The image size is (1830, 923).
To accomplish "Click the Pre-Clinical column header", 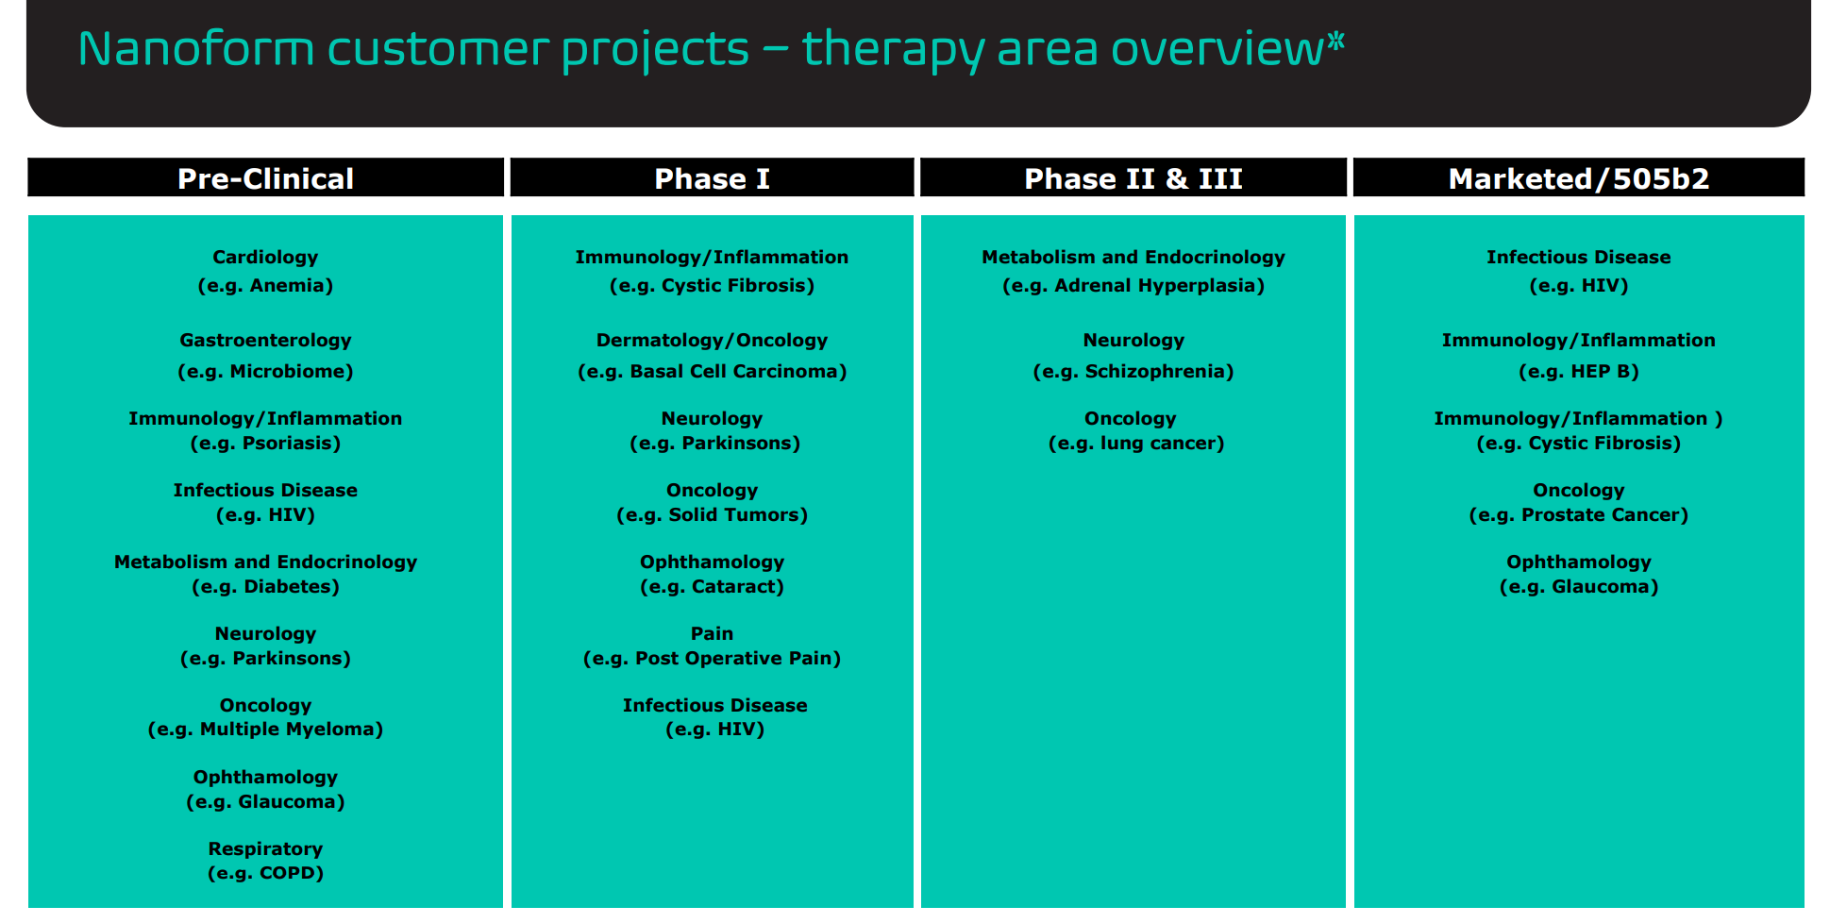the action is pos(265,178).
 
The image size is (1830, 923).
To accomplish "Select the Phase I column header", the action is pos(712,178).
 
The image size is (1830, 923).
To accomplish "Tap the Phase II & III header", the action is pos(1133,178).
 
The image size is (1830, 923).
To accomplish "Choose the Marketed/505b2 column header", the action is pos(1579,178).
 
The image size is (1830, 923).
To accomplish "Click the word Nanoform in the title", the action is pos(195,49).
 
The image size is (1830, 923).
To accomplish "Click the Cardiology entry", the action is pos(265,257).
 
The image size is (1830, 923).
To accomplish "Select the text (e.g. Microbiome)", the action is pos(265,371).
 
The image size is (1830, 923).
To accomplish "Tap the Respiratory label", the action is pos(265,848).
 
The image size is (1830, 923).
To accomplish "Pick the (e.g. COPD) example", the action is pos(265,873).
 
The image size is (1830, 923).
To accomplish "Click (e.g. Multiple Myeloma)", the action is pos(265,729).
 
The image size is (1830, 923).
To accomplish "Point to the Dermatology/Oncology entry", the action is pos(712,340).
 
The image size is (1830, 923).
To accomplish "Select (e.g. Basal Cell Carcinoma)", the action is pos(712,371).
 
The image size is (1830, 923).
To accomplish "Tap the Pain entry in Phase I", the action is pos(712,633).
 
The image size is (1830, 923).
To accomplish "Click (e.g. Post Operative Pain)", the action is pos(712,658).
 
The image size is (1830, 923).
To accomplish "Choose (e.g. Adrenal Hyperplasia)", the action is pos(1133,285).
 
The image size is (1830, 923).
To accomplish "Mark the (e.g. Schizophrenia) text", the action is pos(1133,371).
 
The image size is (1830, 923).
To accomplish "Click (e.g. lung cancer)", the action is pos(1135,443).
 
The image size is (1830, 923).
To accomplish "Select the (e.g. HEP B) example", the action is pos(1578,371).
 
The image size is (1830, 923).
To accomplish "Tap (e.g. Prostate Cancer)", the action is pos(1578,514).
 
